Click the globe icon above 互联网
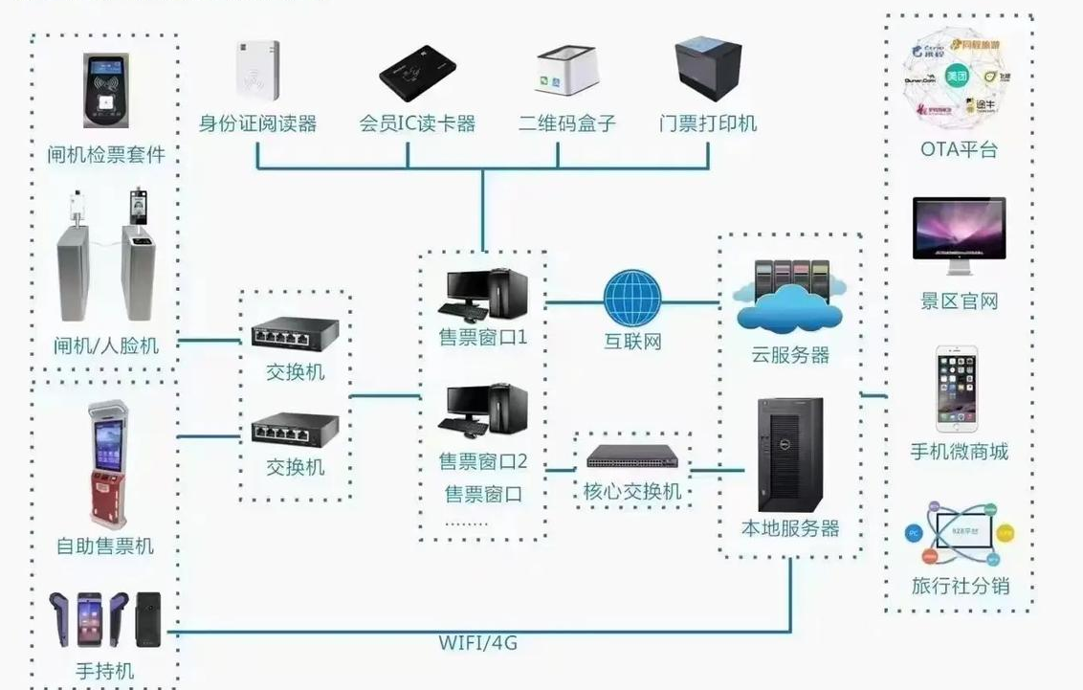click(x=631, y=299)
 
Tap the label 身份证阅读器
click(x=257, y=123)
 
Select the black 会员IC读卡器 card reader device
click(x=417, y=73)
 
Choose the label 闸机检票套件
click(x=106, y=155)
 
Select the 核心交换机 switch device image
click(x=631, y=456)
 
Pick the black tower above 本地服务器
click(x=789, y=455)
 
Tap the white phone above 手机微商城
click(x=959, y=388)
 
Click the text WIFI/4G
click(x=478, y=643)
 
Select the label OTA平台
click(x=959, y=150)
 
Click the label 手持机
click(x=104, y=671)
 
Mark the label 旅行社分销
click(x=960, y=586)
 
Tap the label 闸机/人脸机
click(x=106, y=345)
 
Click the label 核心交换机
click(x=632, y=492)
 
